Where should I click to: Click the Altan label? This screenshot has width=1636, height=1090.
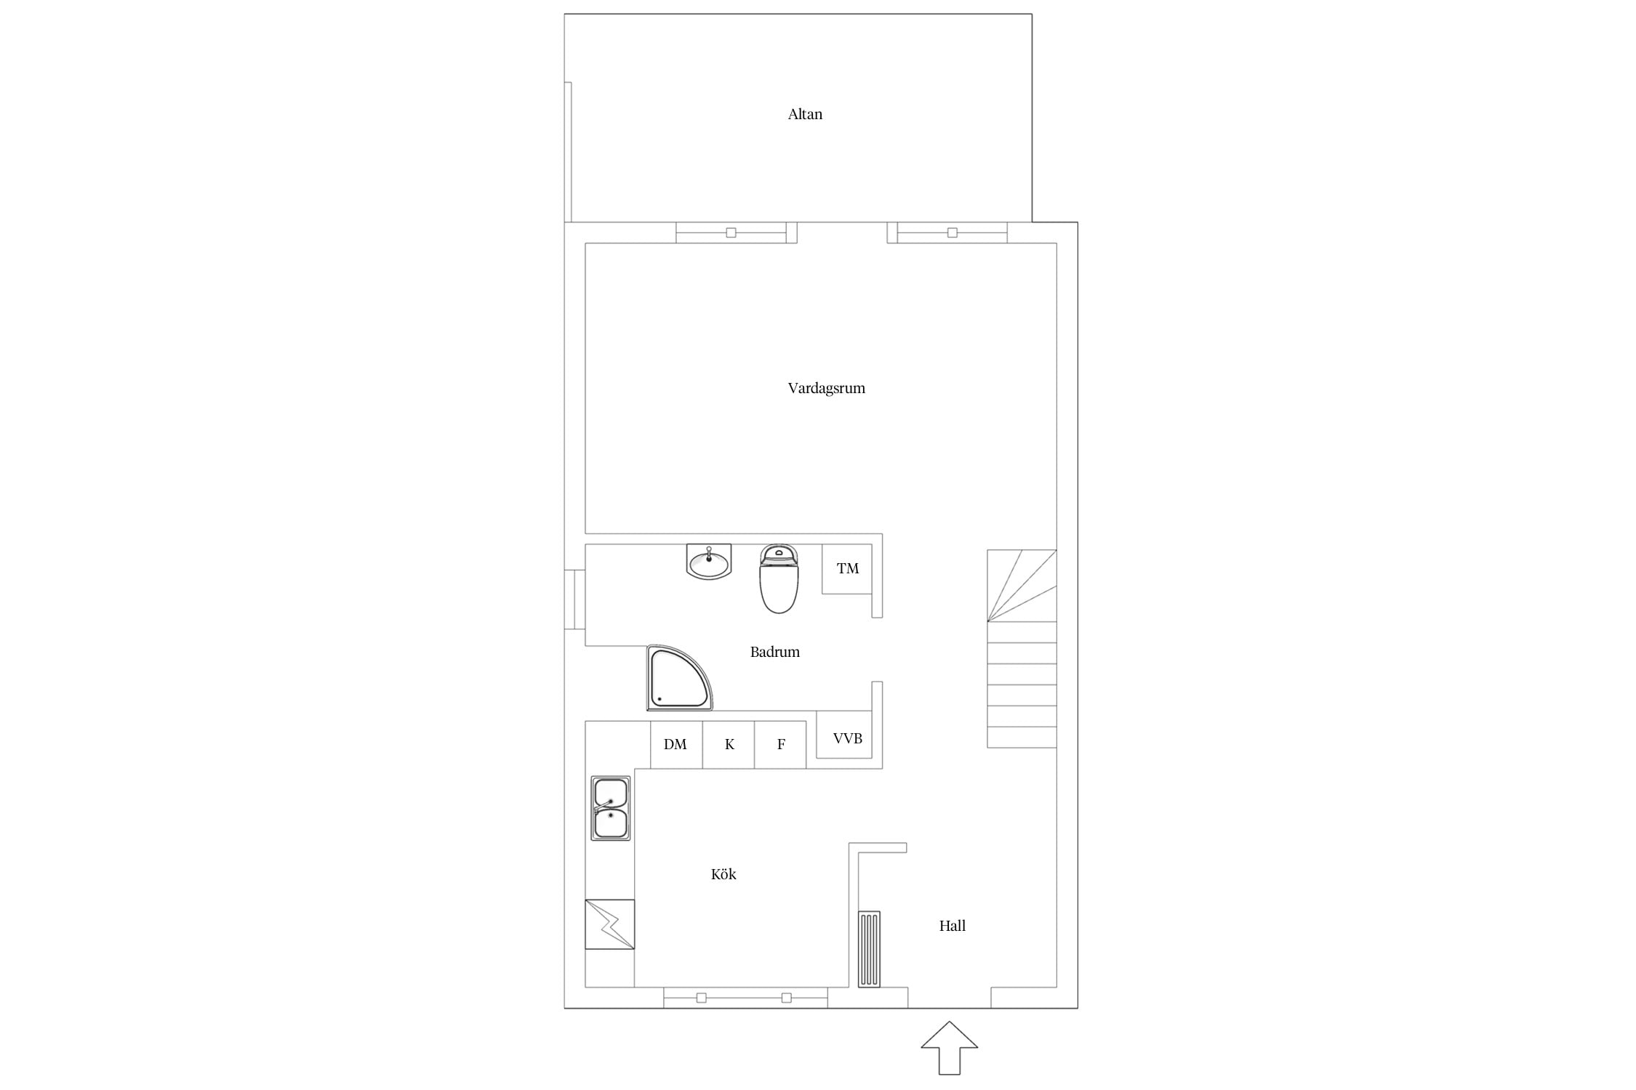pyautogui.click(x=805, y=114)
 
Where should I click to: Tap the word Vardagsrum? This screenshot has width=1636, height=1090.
pyautogui.click(x=827, y=388)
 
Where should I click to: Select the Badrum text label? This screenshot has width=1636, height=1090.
pyautogui.click(x=775, y=652)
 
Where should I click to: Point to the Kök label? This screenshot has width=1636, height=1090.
pyautogui.click(x=723, y=874)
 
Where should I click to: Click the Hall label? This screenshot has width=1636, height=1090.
pyautogui.click(x=953, y=926)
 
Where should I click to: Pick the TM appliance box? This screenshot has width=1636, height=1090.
pyautogui.click(x=847, y=568)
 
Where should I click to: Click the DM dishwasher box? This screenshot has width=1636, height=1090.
pyautogui.click(x=676, y=744)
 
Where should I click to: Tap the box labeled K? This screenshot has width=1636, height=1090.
pyautogui.click(x=729, y=744)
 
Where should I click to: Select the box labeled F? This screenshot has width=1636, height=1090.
pyautogui.click(x=780, y=744)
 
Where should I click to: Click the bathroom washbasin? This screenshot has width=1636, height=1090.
pyautogui.click(x=709, y=562)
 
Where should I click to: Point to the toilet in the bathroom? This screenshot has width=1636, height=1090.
pyautogui.click(x=779, y=578)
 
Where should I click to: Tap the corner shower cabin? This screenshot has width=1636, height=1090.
pyautogui.click(x=679, y=677)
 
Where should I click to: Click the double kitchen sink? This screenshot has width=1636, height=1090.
pyautogui.click(x=611, y=808)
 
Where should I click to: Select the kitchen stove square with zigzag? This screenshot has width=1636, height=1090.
pyautogui.click(x=610, y=924)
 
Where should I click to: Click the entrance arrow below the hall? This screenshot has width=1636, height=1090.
pyautogui.click(x=950, y=1047)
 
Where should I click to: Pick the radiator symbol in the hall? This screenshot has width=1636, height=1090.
pyautogui.click(x=869, y=949)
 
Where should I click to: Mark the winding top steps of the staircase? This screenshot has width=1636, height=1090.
pyautogui.click(x=1022, y=586)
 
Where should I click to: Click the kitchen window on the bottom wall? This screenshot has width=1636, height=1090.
pyautogui.click(x=745, y=998)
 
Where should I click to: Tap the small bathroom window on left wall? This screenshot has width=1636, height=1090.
pyautogui.click(x=575, y=599)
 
